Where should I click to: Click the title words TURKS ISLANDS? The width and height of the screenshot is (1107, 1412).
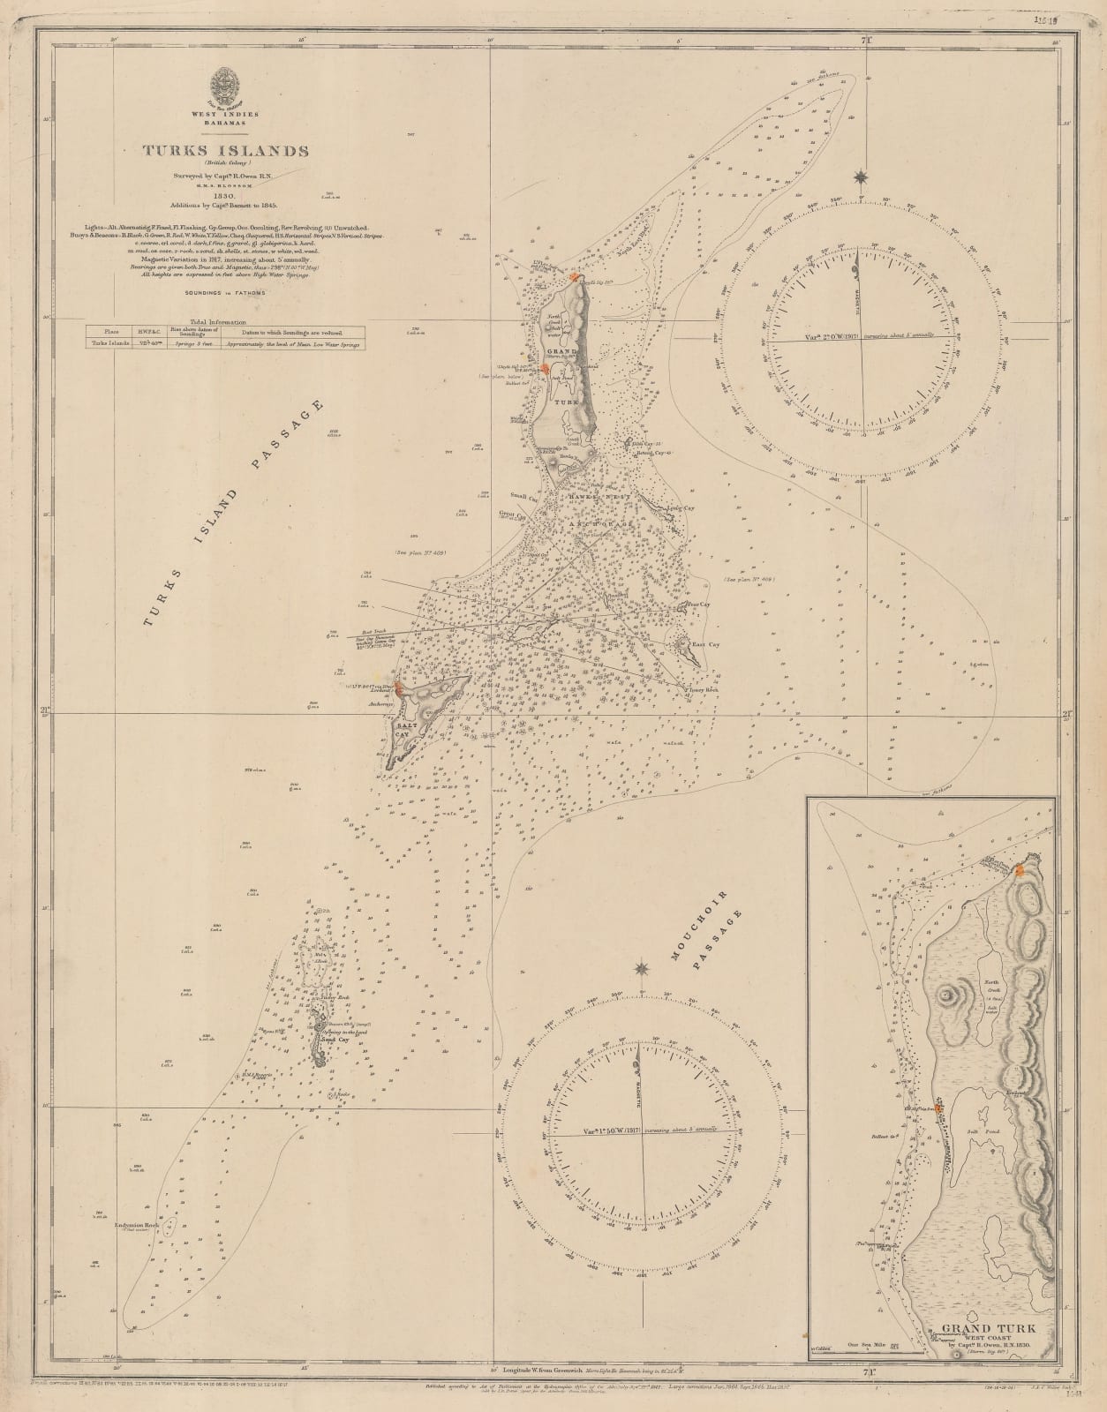(226, 151)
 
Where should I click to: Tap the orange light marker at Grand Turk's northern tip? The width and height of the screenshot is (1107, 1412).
(575, 276)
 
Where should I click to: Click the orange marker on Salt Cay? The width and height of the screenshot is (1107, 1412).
(400, 689)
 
